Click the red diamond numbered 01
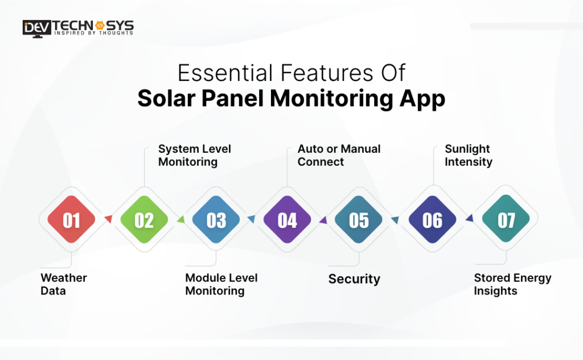71,220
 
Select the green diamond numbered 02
144,220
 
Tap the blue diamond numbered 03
216,220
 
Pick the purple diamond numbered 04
288,220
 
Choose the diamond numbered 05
359,220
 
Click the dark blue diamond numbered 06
432,220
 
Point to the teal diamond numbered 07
506,220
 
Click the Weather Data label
64,284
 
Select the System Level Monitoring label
194,156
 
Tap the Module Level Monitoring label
221,284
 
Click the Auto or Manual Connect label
339,156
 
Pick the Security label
354,279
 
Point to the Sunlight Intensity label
468,156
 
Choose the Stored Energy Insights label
512,284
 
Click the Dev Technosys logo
78,27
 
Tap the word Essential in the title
225,73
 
